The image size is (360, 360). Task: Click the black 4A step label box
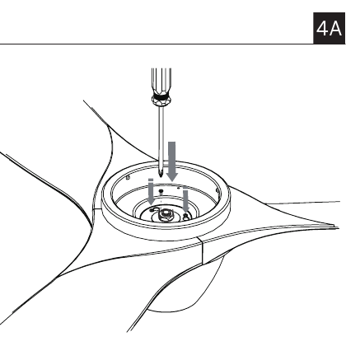pyautogui.click(x=329, y=28)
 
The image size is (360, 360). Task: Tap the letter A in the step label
pyautogui.click(x=335, y=29)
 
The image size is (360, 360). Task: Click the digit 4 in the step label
pyautogui.click(x=322, y=29)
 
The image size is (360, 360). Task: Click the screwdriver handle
pyautogui.click(x=161, y=82)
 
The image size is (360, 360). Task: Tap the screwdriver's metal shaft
pyautogui.click(x=161, y=138)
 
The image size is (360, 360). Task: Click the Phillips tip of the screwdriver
pyautogui.click(x=161, y=173)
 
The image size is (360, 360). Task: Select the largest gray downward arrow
pyautogui.click(x=172, y=161)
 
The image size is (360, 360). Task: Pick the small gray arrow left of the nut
pyautogui.click(x=151, y=192)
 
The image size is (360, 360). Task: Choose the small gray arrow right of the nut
pyautogui.click(x=185, y=199)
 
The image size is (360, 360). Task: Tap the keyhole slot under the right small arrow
pyautogui.click(x=186, y=217)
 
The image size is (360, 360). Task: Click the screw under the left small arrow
pyautogui.click(x=152, y=210)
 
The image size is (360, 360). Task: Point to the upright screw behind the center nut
pyautogui.click(x=161, y=191)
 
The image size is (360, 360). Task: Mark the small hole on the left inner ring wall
pyautogui.click(x=128, y=178)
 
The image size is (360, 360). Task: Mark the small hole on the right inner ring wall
pyautogui.click(x=217, y=190)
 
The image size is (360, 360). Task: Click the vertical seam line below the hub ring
pyautogui.click(x=202, y=250)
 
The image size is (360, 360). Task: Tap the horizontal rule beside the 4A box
pyautogui.click(x=157, y=44)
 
